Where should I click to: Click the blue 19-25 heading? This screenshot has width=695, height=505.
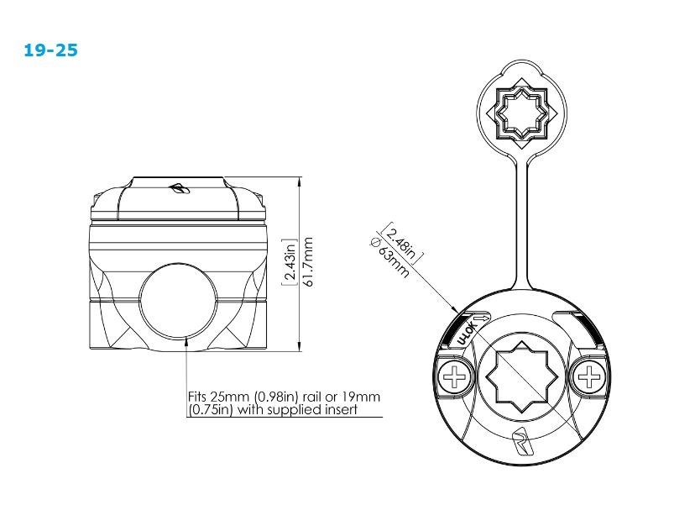[x=51, y=50]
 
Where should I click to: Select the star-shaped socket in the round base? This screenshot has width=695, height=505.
[x=522, y=376]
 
